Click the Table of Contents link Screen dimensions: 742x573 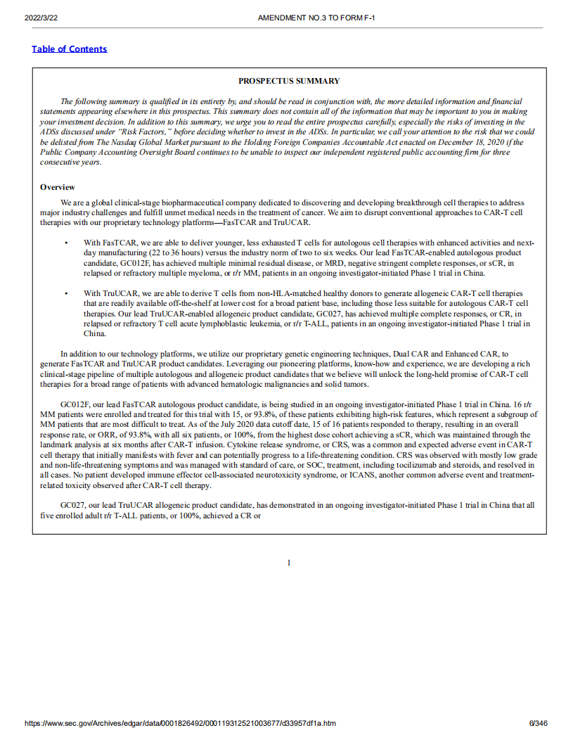coord(70,49)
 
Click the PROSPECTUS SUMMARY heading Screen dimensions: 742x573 coord(289,81)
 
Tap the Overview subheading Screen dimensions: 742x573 coord(57,187)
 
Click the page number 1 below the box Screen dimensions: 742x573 coord(289,563)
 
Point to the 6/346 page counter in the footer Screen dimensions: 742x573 coord(538,723)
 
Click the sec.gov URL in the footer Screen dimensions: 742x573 coord(179,723)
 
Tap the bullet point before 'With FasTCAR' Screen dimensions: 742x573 coord(65,242)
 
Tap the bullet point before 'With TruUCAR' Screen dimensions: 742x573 coord(65,293)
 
